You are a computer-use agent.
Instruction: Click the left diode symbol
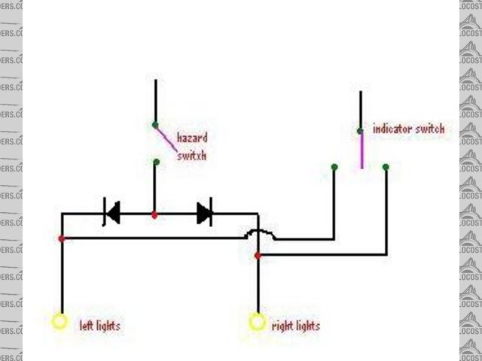(x=112, y=214)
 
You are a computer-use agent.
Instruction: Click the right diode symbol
(x=204, y=214)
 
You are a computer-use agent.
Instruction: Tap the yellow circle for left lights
(x=59, y=322)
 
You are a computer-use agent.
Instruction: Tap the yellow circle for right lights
(x=258, y=323)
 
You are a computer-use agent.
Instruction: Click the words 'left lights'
(x=99, y=326)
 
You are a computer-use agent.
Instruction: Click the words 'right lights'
(x=294, y=326)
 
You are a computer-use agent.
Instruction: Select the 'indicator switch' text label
(x=408, y=129)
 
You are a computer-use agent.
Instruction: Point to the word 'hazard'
(x=191, y=138)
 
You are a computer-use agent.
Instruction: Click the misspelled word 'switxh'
(x=191, y=156)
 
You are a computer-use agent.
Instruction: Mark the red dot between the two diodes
(x=154, y=215)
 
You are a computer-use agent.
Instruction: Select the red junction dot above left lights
(x=62, y=238)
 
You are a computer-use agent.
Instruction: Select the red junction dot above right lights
(x=258, y=256)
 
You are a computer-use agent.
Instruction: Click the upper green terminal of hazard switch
(x=155, y=125)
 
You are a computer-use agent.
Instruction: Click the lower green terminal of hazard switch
(x=155, y=162)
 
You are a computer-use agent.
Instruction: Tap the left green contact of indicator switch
(x=334, y=167)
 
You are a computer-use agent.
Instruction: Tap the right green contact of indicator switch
(x=385, y=167)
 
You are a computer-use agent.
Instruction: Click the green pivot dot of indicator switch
(x=360, y=131)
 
